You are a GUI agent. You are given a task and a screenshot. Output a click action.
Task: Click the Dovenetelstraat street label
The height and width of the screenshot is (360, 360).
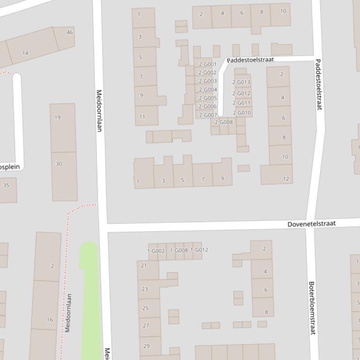[x=311, y=224]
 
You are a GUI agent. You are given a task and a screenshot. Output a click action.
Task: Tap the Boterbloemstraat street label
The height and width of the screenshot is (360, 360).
[x=312, y=308]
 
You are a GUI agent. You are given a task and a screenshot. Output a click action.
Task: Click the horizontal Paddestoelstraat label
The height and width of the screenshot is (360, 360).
[x=250, y=60]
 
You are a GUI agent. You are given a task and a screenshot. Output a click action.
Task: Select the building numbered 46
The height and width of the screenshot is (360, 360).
[x=70, y=32]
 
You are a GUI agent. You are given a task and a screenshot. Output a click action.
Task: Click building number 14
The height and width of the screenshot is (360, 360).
[x=25, y=53]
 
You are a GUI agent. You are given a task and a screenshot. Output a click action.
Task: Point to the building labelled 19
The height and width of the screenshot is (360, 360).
[x=58, y=117]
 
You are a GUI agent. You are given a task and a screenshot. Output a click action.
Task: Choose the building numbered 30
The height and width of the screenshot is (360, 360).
[x=59, y=164]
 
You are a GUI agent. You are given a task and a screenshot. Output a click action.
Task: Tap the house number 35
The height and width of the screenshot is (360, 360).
[x=6, y=185]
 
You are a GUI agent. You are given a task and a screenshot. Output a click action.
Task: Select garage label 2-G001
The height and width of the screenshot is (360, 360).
[x=207, y=65]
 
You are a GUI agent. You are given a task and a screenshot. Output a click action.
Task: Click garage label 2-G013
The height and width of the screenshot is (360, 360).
[x=242, y=82]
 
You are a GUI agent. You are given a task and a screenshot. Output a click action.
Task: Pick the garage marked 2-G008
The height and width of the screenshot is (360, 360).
[x=224, y=122]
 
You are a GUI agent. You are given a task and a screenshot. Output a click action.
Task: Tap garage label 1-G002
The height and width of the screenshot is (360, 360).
[x=156, y=251]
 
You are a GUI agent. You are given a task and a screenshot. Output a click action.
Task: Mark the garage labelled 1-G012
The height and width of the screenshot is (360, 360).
[x=199, y=250]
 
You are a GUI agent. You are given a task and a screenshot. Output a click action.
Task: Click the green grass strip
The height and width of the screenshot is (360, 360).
[x=90, y=304]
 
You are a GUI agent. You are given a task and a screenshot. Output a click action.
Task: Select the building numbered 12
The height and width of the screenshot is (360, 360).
[x=286, y=179]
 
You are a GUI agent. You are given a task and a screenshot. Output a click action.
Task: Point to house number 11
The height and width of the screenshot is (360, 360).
[x=142, y=117]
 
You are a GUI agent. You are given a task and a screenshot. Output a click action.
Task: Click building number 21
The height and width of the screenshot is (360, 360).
[x=144, y=266]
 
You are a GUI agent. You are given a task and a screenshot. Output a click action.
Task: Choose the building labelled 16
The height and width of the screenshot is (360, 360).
[x=50, y=320]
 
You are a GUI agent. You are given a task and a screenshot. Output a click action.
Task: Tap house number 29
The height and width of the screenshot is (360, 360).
[x=147, y=346]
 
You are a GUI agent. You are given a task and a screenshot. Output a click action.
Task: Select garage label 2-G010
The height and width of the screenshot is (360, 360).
[x=242, y=113]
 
